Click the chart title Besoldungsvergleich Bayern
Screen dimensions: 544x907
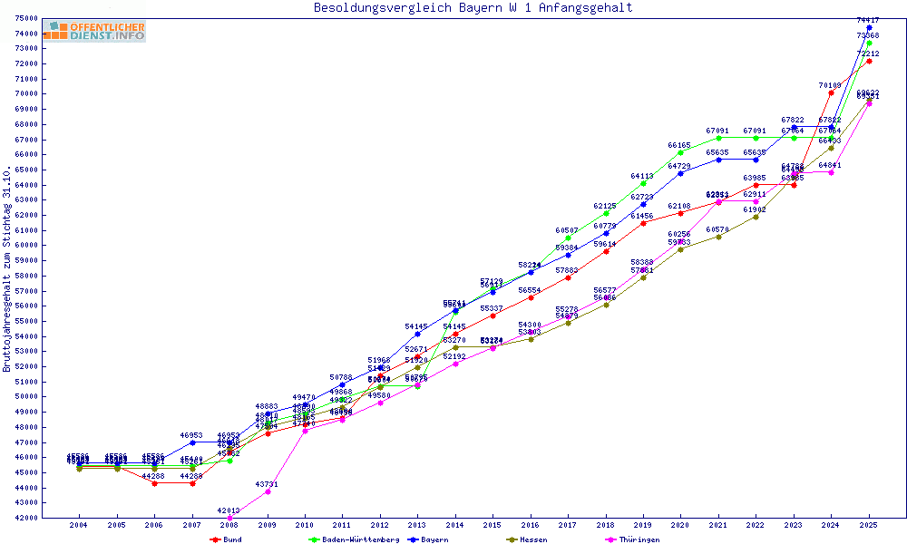coord(473,8)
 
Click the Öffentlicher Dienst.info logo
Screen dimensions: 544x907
coord(94,32)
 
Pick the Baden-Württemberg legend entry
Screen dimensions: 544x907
coord(355,539)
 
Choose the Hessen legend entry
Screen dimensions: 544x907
coord(527,539)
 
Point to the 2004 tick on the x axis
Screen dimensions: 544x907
coord(79,525)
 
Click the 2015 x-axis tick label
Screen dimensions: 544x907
coord(493,525)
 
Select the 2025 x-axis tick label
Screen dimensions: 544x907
coord(869,525)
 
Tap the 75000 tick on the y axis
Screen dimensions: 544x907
coord(26,18)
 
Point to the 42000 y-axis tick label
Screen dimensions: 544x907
coord(26,518)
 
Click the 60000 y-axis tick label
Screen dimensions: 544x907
coord(26,245)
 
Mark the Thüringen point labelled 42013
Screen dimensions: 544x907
coord(229,518)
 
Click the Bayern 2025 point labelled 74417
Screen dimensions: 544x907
coord(869,28)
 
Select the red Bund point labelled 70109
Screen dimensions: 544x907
coord(831,92)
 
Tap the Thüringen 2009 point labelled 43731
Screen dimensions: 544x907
coord(268,491)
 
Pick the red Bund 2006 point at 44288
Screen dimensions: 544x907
coord(154,483)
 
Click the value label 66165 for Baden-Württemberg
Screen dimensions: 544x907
coord(679,145)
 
